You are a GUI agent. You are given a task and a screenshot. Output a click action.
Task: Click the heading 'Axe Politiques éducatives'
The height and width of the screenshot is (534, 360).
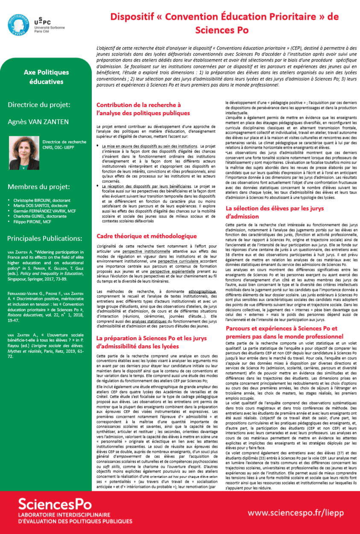44,77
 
